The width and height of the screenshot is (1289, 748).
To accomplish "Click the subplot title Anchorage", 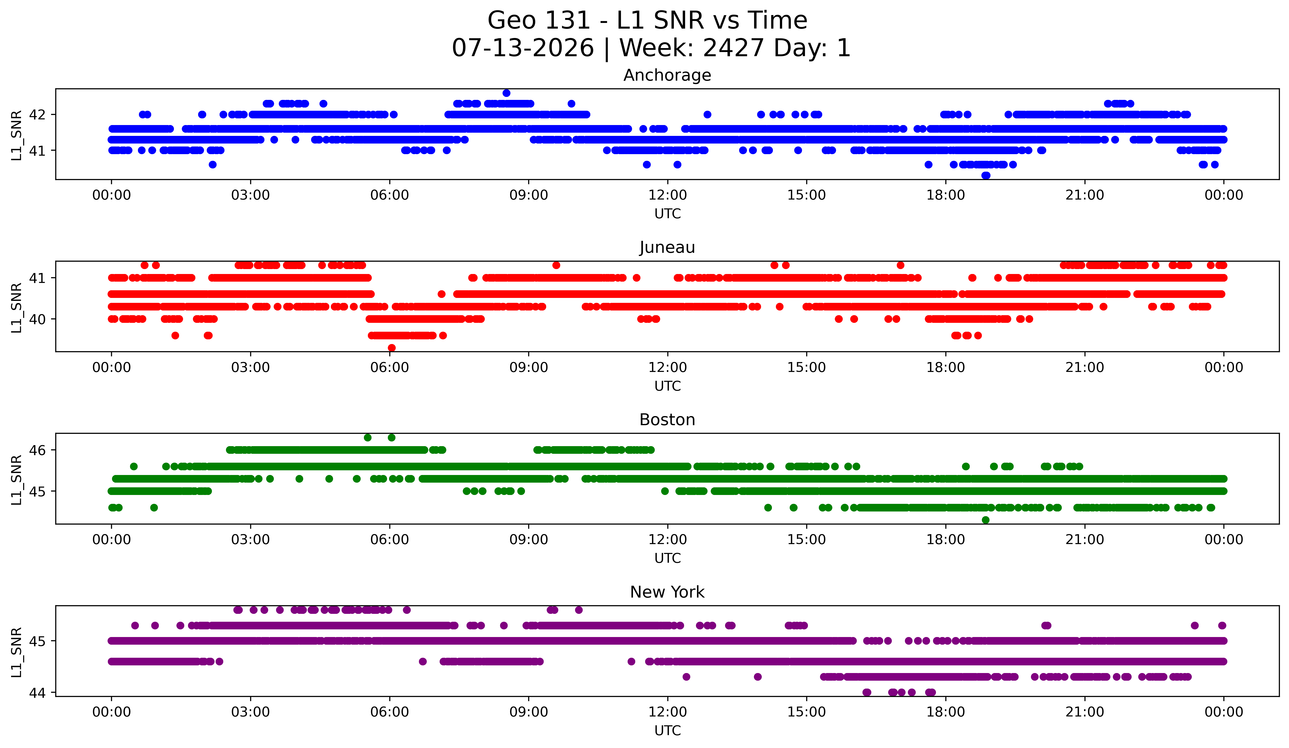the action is [667, 75].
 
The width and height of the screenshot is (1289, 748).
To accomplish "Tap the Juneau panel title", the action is [667, 247].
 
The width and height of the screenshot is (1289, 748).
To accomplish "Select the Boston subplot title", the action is [667, 420].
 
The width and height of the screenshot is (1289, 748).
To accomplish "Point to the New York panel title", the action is [667, 592].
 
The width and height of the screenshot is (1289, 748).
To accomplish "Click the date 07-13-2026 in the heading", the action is [523, 48].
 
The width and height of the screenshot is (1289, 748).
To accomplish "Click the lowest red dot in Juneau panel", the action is [392, 348].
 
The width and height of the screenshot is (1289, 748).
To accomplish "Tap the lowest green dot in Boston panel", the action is [986, 520].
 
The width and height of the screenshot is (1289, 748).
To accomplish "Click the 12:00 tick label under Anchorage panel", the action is [668, 195].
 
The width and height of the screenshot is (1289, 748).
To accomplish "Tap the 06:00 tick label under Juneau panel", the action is [390, 368].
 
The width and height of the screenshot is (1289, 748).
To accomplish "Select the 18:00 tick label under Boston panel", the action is [946, 540].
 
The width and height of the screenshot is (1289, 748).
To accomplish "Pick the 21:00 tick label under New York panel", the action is [1085, 712].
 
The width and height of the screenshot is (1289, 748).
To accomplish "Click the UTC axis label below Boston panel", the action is [668, 558].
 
